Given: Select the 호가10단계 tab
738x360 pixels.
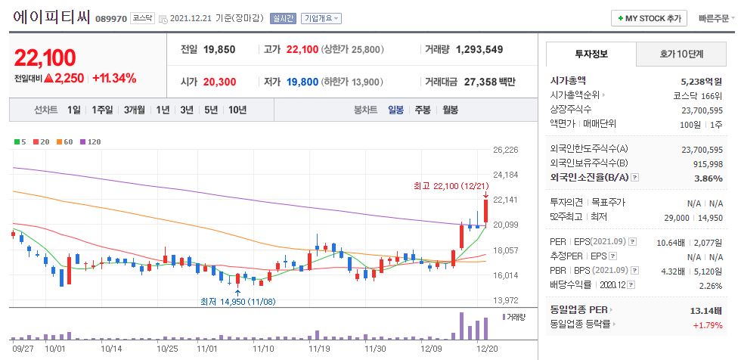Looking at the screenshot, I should tap(679, 54).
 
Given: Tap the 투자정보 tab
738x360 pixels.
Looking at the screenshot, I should tap(591, 54).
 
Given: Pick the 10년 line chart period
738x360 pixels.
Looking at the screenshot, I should tap(237, 110).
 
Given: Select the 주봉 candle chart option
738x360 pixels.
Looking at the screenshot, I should tap(422, 110).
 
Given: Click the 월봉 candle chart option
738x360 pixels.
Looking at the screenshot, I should tap(450, 110).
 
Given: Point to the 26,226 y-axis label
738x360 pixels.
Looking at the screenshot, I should tap(505, 150).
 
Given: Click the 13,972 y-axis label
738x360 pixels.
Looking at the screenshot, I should tap(505, 300).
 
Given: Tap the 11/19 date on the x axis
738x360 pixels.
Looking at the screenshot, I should tap(319, 349).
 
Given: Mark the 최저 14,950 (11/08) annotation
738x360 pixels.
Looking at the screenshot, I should tap(238, 301).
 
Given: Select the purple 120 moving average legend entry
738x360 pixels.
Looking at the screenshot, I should tap(91, 141).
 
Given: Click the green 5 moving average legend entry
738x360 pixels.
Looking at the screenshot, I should tap(20, 141).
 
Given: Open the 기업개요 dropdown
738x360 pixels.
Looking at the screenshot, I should tap(321, 18).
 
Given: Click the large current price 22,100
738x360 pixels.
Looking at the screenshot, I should tap(45, 57).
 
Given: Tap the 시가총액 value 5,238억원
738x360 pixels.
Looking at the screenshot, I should tap(702, 80).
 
